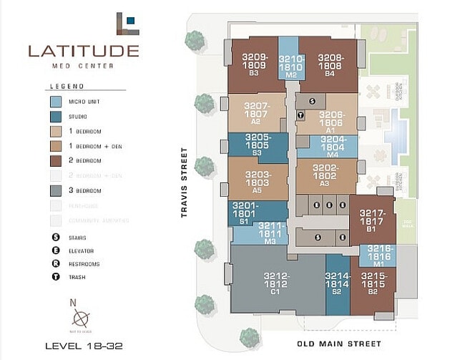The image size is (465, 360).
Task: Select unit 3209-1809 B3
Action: [254, 64]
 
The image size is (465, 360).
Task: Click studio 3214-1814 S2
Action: [337, 284]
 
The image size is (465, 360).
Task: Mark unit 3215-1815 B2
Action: [372, 286]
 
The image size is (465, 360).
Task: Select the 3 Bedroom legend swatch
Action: [56, 190]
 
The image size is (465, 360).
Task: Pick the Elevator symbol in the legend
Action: [55, 250]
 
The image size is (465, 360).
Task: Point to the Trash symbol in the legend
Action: [55, 276]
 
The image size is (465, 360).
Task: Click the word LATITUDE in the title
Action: [84, 51]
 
